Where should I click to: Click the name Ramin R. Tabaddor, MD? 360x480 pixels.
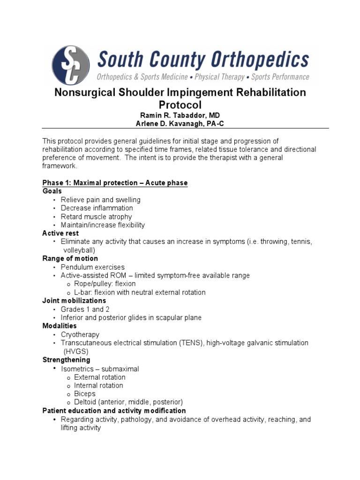180,115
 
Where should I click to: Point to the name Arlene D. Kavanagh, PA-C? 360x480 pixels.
180,123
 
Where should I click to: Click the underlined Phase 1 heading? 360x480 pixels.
115,182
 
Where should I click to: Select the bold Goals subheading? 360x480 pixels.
52,191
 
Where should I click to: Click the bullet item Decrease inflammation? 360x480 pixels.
97,208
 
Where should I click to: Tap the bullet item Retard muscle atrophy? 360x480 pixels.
96,217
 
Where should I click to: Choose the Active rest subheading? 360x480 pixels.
60,233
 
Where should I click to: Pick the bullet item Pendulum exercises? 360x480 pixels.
93,267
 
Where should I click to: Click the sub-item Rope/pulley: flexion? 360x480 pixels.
105,284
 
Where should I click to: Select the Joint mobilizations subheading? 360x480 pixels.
74,300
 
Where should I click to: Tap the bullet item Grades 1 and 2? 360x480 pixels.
82,309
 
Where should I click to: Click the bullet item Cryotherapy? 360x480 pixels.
80,335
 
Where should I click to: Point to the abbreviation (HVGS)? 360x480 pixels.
76,351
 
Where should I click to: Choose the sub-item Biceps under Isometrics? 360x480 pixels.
84,394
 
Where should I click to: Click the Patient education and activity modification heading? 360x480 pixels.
114,411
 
